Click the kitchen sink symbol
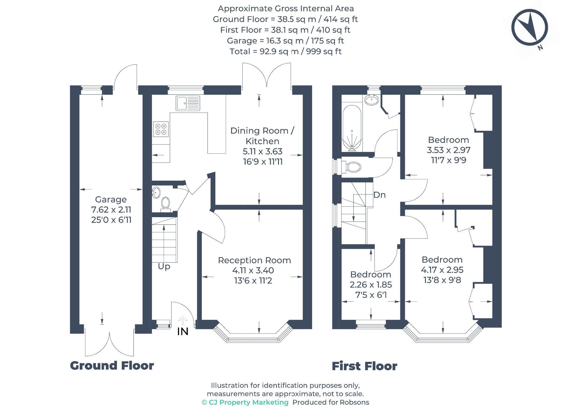click(188, 103)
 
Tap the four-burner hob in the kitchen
click(161, 129)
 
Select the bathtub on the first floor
click(352, 129)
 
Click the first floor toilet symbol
click(352, 167)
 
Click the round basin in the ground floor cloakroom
click(156, 193)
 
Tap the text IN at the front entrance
click(183, 332)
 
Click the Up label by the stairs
click(164, 266)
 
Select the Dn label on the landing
click(379, 195)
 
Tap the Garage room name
click(111, 200)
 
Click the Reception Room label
click(254, 260)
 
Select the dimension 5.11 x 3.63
click(263, 152)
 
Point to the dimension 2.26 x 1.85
click(371, 284)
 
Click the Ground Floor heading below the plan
click(112, 366)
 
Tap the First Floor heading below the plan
click(364, 366)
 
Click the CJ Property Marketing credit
click(245, 402)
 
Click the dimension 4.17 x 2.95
click(442, 270)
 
